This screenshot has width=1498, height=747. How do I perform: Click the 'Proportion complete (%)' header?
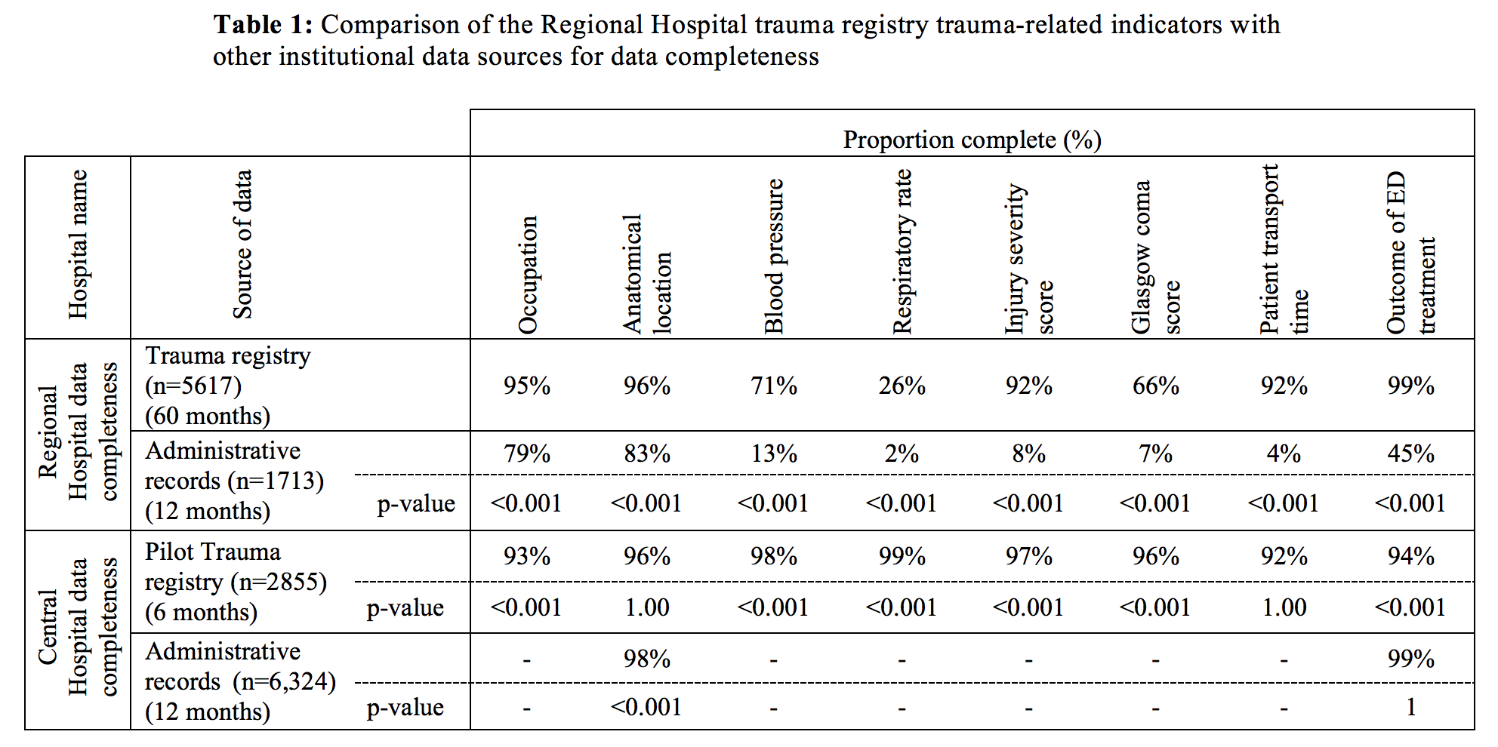pyautogui.click(x=972, y=140)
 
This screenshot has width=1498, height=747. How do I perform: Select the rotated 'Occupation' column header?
pyautogui.click(x=528, y=275)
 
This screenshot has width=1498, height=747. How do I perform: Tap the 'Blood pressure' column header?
pyautogui.click(x=774, y=257)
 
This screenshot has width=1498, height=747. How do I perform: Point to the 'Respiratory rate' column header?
pyautogui.click(x=902, y=251)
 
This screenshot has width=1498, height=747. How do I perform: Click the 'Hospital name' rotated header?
pyautogui.click(x=78, y=244)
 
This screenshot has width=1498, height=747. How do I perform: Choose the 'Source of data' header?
pyautogui.click(x=242, y=244)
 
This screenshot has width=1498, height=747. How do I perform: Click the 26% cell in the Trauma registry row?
pyautogui.click(x=902, y=386)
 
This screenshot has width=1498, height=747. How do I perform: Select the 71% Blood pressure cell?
pyautogui.click(x=774, y=386)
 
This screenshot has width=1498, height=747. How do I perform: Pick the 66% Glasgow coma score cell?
pyautogui.click(x=1156, y=386)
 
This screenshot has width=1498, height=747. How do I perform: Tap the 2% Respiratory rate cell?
pyautogui.click(x=902, y=454)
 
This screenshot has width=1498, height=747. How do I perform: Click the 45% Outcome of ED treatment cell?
pyautogui.click(x=1411, y=454)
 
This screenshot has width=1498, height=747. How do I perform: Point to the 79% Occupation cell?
pyautogui.click(x=527, y=454)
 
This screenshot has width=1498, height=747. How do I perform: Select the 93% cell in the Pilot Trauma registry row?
pyautogui.click(x=527, y=557)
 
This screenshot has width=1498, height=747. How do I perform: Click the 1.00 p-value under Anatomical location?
pyautogui.click(x=647, y=608)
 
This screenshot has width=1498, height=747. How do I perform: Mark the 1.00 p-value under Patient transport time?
pyautogui.click(x=1284, y=608)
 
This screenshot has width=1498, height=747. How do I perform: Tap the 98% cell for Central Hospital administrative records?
pyautogui.click(x=647, y=659)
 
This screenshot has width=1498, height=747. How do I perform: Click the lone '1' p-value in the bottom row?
pyautogui.click(x=1411, y=708)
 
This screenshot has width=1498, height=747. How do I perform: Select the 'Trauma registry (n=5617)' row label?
pyautogui.click(x=228, y=370)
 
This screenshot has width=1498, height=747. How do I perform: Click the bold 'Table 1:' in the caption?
pyautogui.click(x=263, y=25)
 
